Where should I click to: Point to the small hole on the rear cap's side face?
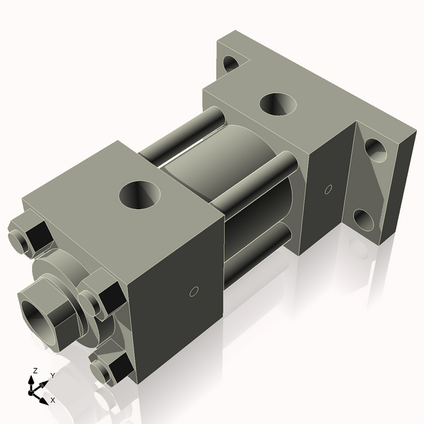327,189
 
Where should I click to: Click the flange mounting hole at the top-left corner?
231,63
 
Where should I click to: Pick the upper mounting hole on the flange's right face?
375,151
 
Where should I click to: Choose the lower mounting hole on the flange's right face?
363,220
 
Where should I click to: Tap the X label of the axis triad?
53,400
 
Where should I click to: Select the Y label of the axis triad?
52,376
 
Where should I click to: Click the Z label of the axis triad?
35,370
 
